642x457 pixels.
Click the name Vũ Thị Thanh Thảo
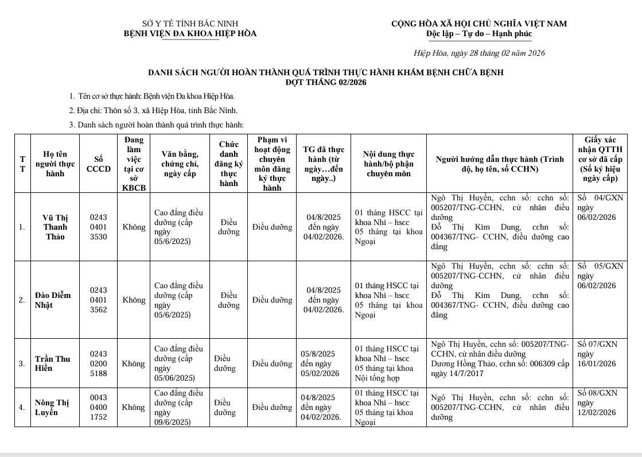click(x=55, y=227)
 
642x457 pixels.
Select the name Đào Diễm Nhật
click(x=53, y=300)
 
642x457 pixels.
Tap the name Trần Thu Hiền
click(x=53, y=363)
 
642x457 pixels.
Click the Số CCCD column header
click(x=98, y=164)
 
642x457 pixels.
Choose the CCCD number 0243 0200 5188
click(x=98, y=363)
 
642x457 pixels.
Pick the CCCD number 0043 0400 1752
click(x=98, y=407)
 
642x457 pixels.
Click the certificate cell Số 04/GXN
click(x=600, y=207)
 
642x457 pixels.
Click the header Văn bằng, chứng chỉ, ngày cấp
click(x=180, y=164)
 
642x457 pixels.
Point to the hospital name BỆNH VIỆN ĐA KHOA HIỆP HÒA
click(x=190, y=33)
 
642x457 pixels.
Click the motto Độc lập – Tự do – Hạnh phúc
click(x=479, y=33)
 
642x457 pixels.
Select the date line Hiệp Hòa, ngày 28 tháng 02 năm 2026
click(x=479, y=53)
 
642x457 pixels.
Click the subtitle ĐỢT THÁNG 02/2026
click(x=326, y=82)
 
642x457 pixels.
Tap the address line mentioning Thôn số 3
click(x=153, y=110)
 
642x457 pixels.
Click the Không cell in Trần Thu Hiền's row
click(x=134, y=363)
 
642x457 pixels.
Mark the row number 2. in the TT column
click(x=22, y=300)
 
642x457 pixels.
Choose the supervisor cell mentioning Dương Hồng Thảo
click(x=499, y=358)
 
